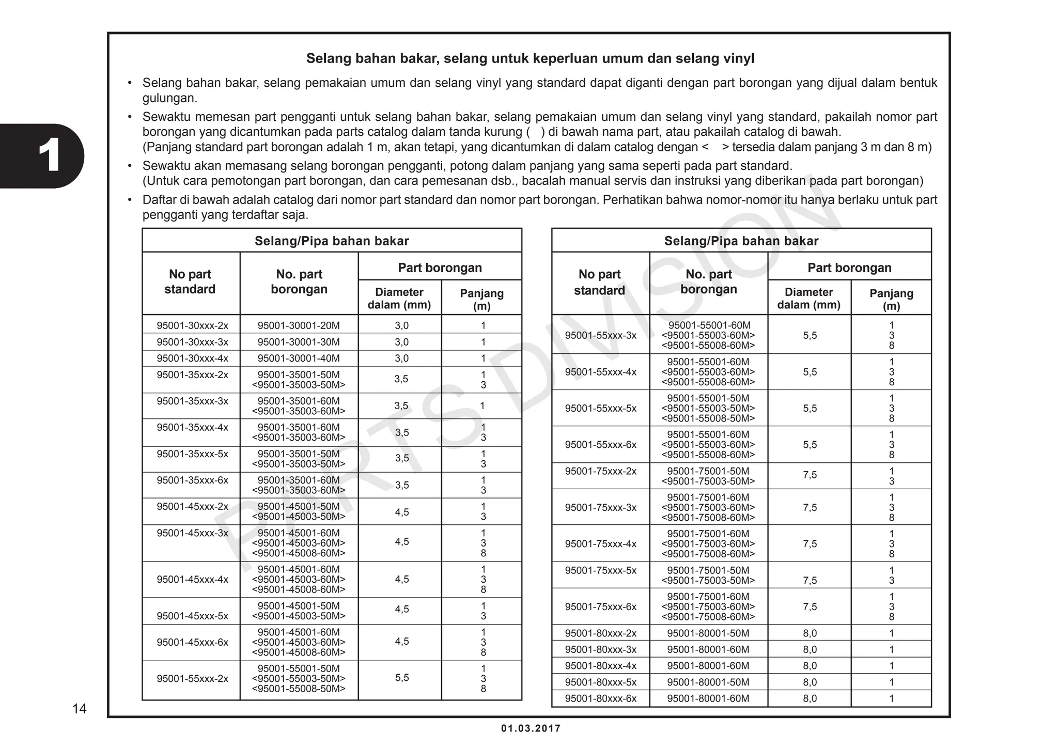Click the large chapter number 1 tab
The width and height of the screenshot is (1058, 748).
tap(49, 155)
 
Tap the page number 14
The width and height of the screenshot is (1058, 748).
tap(79, 709)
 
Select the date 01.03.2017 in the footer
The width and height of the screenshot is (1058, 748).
tap(531, 728)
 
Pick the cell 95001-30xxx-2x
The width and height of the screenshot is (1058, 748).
tap(192, 325)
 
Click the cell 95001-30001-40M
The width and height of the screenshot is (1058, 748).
tap(299, 358)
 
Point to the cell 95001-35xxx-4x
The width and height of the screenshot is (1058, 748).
tap(192, 428)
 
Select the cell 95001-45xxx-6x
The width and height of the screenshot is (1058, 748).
tap(192, 642)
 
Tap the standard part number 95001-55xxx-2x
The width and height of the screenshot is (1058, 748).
tap(192, 678)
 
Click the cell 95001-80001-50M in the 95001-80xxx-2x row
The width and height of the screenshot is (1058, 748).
tap(708, 633)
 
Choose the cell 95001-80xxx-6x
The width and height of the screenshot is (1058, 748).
tap(600, 698)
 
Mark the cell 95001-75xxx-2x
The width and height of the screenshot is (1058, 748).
tap(600, 471)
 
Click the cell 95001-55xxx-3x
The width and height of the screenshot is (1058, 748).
tap(600, 335)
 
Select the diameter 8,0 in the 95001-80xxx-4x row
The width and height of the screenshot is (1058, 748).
tap(810, 666)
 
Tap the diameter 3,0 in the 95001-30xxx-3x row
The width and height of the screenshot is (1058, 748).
tap(401, 342)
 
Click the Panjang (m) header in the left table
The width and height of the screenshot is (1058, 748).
tap(481, 299)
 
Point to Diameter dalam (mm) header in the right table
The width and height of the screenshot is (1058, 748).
tap(808, 299)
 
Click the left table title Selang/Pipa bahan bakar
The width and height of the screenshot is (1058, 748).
tap(332, 241)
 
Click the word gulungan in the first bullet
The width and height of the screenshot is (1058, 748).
tap(169, 98)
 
